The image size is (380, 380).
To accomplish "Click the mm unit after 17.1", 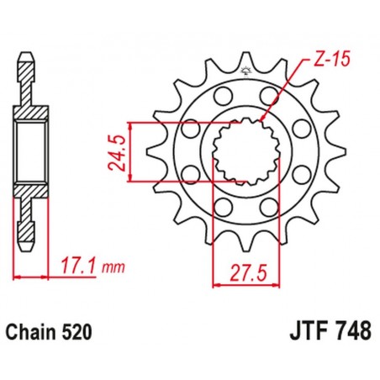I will (112, 268).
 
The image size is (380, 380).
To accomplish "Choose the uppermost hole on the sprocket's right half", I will (269, 94).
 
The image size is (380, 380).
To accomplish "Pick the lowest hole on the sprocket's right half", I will (268, 207).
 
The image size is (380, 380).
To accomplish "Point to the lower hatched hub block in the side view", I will (29, 193).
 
